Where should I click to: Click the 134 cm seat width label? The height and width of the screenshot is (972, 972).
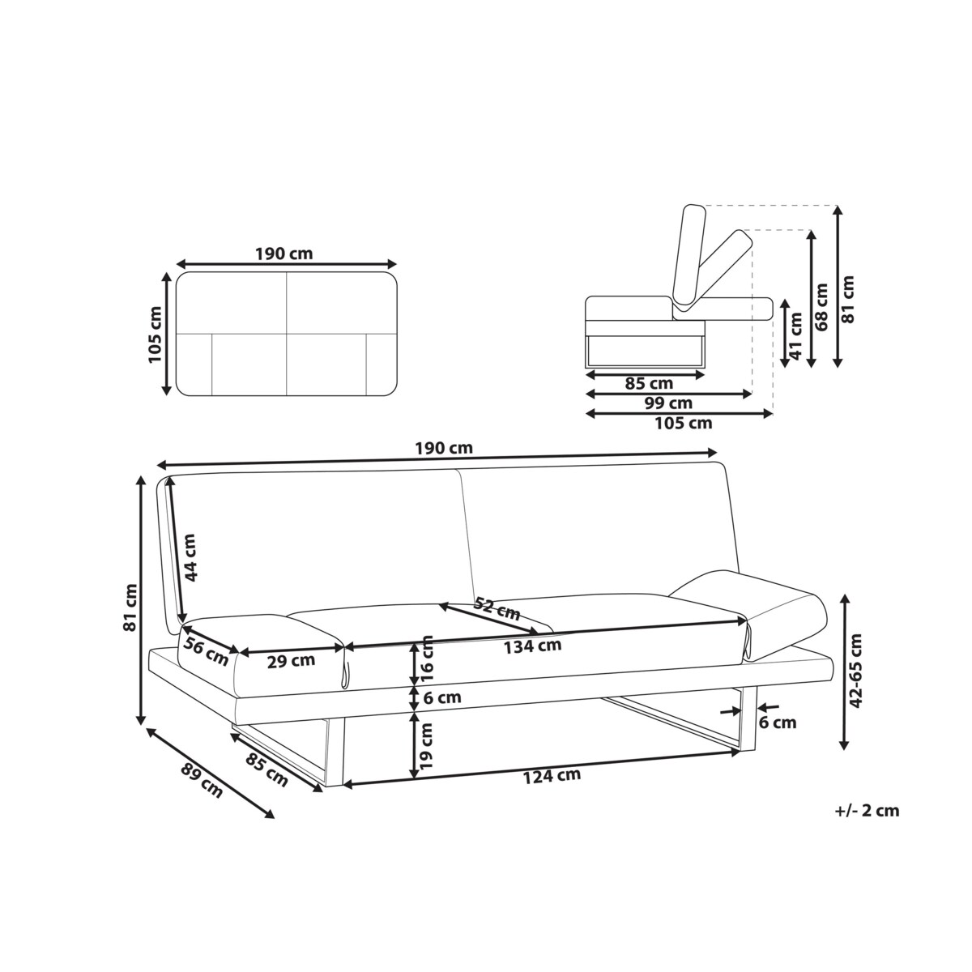click(532, 646)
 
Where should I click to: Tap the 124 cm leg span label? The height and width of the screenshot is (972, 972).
click(552, 775)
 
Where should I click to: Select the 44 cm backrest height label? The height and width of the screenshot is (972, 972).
click(190, 556)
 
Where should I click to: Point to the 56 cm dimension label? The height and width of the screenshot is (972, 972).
click(206, 651)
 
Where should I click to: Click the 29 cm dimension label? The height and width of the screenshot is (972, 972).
click(291, 660)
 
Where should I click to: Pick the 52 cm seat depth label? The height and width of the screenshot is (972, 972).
click(497, 610)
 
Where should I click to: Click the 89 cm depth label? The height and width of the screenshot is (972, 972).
click(202, 780)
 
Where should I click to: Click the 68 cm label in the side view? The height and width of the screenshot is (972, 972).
click(822, 307)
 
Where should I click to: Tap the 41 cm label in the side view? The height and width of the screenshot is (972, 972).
click(796, 341)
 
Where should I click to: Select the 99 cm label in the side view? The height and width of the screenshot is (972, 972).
click(668, 403)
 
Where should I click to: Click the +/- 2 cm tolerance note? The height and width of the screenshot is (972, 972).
click(866, 810)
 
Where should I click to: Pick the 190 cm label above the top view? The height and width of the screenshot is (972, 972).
click(283, 254)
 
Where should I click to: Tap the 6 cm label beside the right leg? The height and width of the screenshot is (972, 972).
click(777, 723)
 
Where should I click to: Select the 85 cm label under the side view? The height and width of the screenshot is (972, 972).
click(649, 383)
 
